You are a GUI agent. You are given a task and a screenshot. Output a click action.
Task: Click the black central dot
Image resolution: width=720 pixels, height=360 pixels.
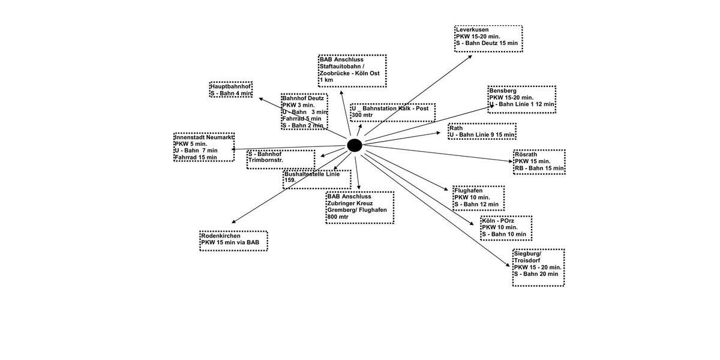[x=355, y=145]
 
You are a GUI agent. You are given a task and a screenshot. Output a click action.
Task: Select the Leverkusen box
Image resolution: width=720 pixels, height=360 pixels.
[x=488, y=38]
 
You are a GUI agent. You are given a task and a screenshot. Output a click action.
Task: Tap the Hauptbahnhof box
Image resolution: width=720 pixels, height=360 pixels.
[x=231, y=90]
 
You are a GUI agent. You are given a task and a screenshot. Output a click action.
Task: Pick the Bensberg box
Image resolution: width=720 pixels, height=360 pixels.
[x=521, y=100]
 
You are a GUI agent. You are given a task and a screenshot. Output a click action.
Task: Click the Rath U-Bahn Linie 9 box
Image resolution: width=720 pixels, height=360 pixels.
[x=482, y=131]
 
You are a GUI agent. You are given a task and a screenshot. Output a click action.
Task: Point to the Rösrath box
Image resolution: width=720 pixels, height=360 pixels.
[x=539, y=162]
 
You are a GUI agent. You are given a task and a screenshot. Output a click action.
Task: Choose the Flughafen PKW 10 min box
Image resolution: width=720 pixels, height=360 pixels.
[x=478, y=198]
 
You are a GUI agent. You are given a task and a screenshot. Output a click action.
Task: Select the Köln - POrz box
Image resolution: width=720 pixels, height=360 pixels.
[x=506, y=228]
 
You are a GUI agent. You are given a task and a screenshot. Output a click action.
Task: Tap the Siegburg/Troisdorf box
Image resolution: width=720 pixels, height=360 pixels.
[x=538, y=268]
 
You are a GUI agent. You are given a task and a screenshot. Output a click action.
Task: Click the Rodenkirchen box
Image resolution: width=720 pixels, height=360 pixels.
[x=233, y=240]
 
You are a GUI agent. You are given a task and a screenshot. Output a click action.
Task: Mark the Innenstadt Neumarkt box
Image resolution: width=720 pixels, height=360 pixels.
[x=204, y=147]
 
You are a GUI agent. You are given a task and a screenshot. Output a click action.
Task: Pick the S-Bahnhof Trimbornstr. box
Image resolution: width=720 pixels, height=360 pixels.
[x=281, y=159]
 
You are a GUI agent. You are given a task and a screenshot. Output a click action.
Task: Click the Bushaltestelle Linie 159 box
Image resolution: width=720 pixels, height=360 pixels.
[x=317, y=179]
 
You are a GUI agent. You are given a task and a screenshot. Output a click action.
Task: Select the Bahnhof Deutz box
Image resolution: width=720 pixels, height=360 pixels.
[x=304, y=112]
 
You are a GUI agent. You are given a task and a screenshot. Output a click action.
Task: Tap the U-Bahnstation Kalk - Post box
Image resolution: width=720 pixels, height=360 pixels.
[x=393, y=112]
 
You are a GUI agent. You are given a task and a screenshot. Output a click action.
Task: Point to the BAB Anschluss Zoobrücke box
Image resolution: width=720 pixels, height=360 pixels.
[x=352, y=71]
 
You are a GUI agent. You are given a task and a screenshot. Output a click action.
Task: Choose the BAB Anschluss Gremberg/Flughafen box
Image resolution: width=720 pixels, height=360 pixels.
[x=360, y=208]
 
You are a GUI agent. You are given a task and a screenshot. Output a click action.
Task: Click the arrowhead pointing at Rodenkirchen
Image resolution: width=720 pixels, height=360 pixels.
[x=233, y=222]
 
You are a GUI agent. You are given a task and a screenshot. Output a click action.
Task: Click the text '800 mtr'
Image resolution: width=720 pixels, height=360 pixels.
[x=338, y=217]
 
